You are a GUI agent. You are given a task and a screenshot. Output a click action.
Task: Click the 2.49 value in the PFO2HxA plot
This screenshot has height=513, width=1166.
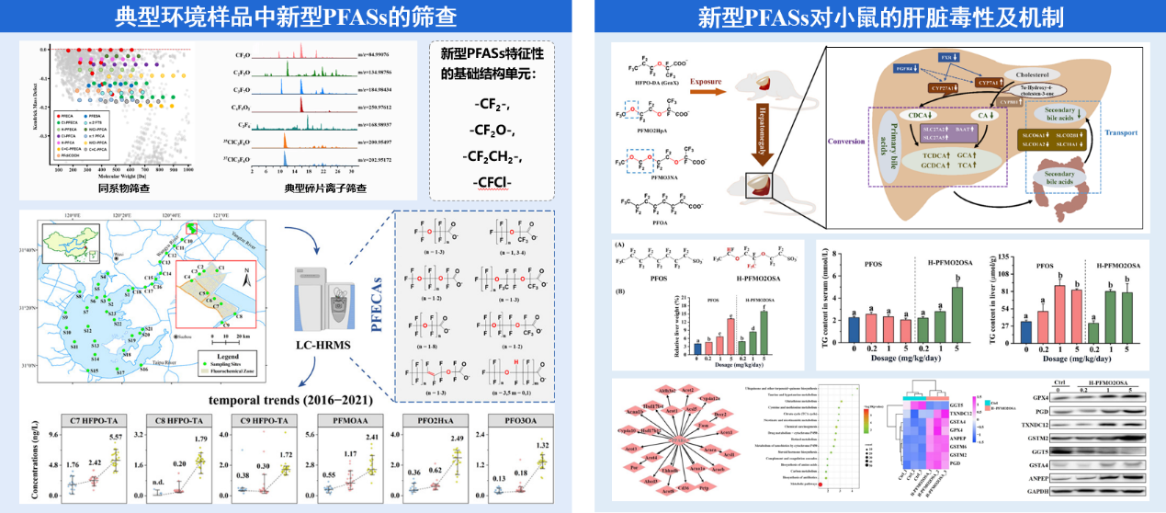click(x=457, y=439)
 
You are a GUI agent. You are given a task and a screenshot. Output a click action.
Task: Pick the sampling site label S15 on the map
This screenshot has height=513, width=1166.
click(x=93, y=370)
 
